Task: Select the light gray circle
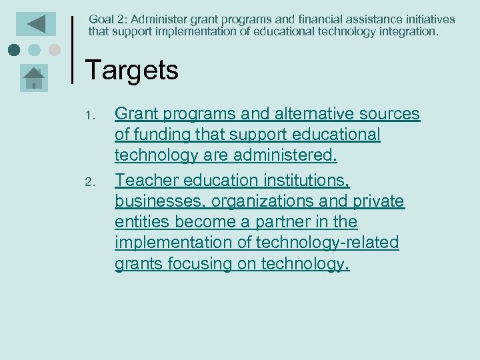55,50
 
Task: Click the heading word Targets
132,70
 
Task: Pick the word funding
159,135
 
